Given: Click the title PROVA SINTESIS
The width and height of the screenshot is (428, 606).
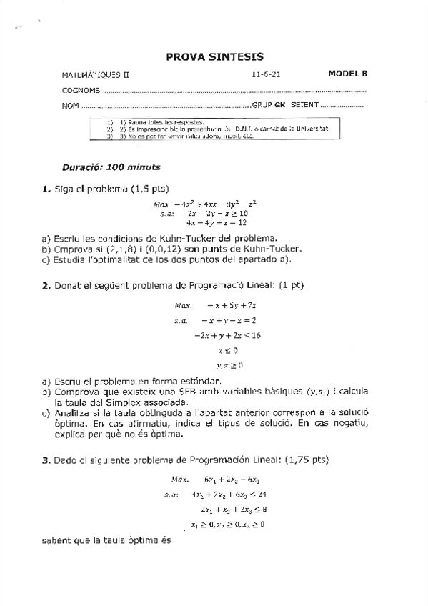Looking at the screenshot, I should [x=214, y=56].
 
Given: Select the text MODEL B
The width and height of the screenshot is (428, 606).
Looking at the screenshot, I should [x=347, y=73].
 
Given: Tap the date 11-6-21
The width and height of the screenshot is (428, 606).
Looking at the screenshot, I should [x=264, y=74].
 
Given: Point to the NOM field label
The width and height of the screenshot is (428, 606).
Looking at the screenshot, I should [x=69, y=106].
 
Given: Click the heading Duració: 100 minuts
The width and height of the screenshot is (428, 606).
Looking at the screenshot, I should [x=111, y=167].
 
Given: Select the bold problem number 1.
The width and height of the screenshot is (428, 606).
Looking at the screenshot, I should [x=44, y=189].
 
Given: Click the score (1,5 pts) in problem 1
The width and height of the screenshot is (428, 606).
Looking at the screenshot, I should [x=149, y=189].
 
